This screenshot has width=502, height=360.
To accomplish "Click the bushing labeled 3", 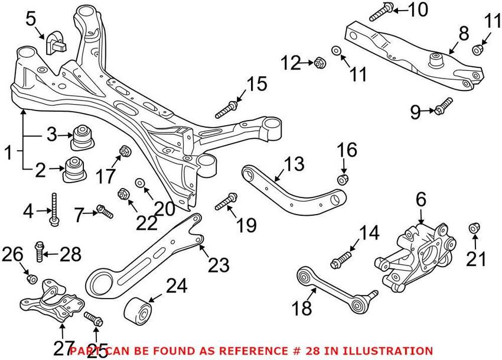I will tap(81, 138).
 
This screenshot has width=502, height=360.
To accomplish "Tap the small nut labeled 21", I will tap(474, 228).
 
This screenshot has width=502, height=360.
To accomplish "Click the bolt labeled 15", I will tap(227, 110).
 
